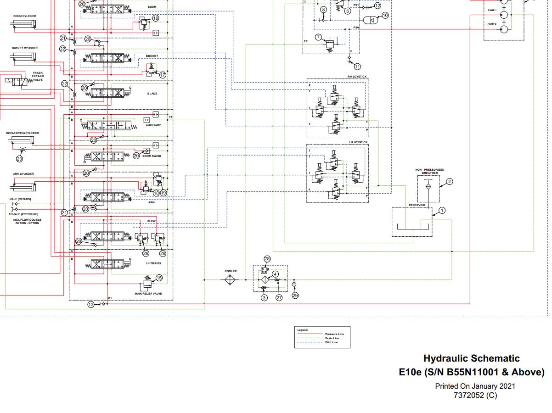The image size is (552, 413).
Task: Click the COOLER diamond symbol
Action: tap(231, 280)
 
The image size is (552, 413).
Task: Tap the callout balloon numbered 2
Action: tap(450, 182)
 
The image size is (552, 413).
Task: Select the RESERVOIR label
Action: tap(417, 205)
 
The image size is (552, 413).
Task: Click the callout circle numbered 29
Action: tap(295, 296)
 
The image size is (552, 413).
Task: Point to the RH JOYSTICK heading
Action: tap(357, 76)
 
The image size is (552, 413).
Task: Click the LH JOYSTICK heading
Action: tap(358, 142)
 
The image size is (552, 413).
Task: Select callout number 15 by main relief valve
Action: tap(159, 278)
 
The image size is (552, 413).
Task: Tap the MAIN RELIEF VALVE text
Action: tap(148, 294)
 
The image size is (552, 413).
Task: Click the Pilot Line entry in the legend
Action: tap(332, 342)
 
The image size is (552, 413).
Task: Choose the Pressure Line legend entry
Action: tap(334, 334)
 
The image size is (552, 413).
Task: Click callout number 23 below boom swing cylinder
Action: tap(19, 159)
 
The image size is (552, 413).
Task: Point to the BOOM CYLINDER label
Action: tap(25, 16)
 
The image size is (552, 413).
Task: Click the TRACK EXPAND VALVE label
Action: tap(38, 76)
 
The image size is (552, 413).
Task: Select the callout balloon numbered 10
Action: tap(385, 15)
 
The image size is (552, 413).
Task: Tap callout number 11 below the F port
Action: tap(357, 67)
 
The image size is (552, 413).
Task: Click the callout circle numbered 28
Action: tap(267, 259)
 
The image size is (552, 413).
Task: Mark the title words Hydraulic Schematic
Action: tap(471, 358)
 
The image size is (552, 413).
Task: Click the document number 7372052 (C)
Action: tap(475, 395)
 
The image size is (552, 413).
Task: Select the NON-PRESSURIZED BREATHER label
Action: tap(430, 172)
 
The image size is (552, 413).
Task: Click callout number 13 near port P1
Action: tap(91, 304)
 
